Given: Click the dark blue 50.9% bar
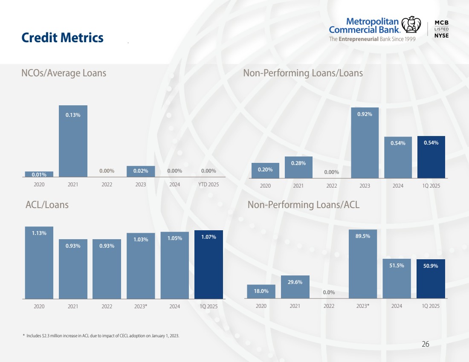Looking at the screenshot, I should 431,279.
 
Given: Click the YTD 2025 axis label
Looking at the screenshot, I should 208,185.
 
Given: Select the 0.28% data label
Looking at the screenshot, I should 298,163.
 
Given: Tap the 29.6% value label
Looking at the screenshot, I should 295,282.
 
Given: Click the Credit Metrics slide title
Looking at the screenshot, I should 62,38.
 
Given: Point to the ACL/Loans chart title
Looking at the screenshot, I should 47,205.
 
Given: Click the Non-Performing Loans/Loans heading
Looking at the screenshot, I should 303,73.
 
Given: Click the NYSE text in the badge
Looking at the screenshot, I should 441,36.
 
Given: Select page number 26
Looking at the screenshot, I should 425,345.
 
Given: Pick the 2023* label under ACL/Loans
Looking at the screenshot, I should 140,306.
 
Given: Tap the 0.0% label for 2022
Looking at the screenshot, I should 329,292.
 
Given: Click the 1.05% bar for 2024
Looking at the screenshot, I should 174,266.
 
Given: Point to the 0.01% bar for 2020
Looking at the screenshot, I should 39,174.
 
